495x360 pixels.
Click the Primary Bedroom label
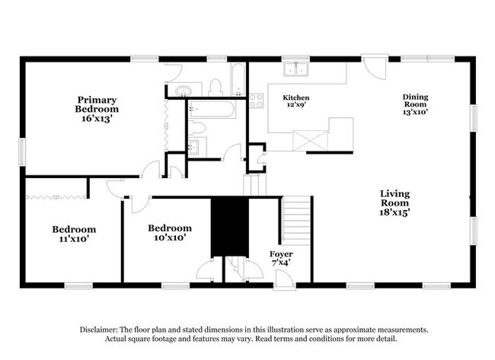pos(97,104)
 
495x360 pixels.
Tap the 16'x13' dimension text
pos(96,119)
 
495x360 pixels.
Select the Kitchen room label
pos(296,97)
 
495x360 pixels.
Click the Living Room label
pos(395,198)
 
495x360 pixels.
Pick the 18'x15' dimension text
pos(395,213)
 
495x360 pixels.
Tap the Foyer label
pos(281,253)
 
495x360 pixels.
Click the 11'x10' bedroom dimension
pos(74,241)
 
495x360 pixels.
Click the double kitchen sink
pos(295,71)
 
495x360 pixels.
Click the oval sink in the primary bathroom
pos(181,92)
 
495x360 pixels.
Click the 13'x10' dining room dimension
pos(415,112)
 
